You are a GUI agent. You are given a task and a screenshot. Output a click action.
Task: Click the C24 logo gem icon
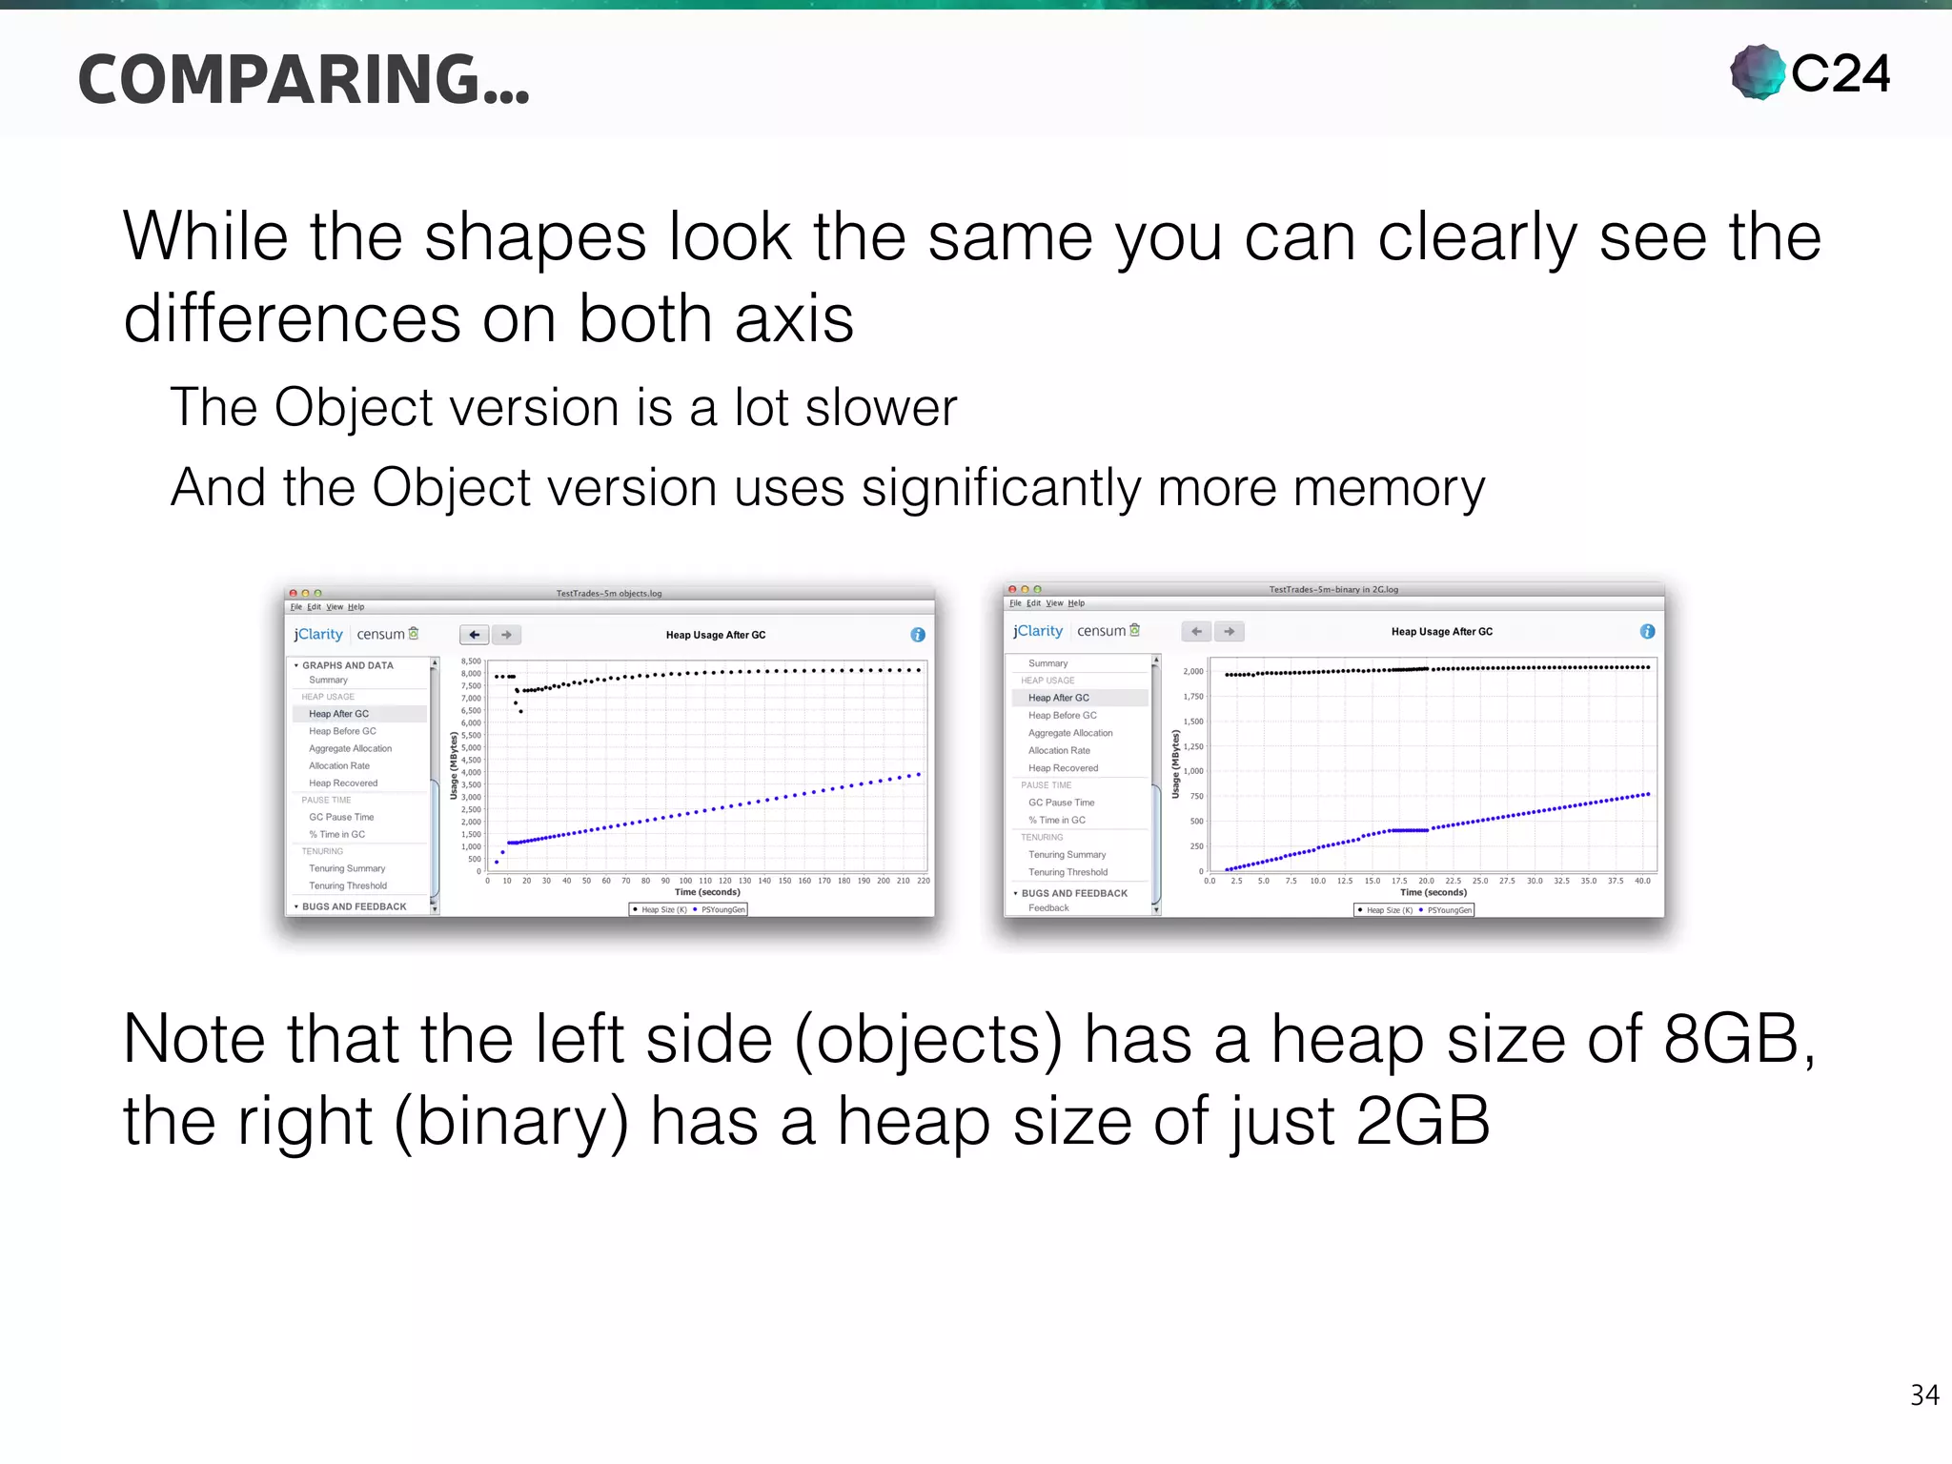click(1758, 72)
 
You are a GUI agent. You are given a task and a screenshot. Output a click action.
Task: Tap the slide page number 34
click(1924, 1395)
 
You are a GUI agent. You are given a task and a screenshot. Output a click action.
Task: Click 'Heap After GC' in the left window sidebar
click(338, 714)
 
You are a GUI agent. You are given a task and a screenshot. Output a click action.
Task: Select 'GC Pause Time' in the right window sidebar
click(1061, 803)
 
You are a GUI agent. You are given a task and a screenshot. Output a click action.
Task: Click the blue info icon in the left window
click(918, 635)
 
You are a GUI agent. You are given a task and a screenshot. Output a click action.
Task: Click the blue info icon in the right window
click(1647, 631)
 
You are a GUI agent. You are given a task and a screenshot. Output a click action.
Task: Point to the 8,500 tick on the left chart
click(471, 661)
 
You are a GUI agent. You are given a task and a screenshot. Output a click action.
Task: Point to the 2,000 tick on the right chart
click(1193, 672)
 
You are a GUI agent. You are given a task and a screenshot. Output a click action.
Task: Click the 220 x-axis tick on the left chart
click(923, 881)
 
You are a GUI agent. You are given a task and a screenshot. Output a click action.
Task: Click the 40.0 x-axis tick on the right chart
click(1642, 881)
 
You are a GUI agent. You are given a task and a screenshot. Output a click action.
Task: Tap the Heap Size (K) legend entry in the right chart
click(1388, 910)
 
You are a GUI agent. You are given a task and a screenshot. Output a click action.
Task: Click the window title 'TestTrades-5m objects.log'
click(609, 593)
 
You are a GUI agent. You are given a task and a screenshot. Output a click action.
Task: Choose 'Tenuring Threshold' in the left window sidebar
click(348, 885)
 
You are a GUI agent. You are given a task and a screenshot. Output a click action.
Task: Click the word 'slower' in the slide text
click(881, 408)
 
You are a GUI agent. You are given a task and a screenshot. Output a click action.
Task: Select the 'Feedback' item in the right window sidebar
click(1048, 908)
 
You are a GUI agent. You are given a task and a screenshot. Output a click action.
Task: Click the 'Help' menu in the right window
click(1076, 603)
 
